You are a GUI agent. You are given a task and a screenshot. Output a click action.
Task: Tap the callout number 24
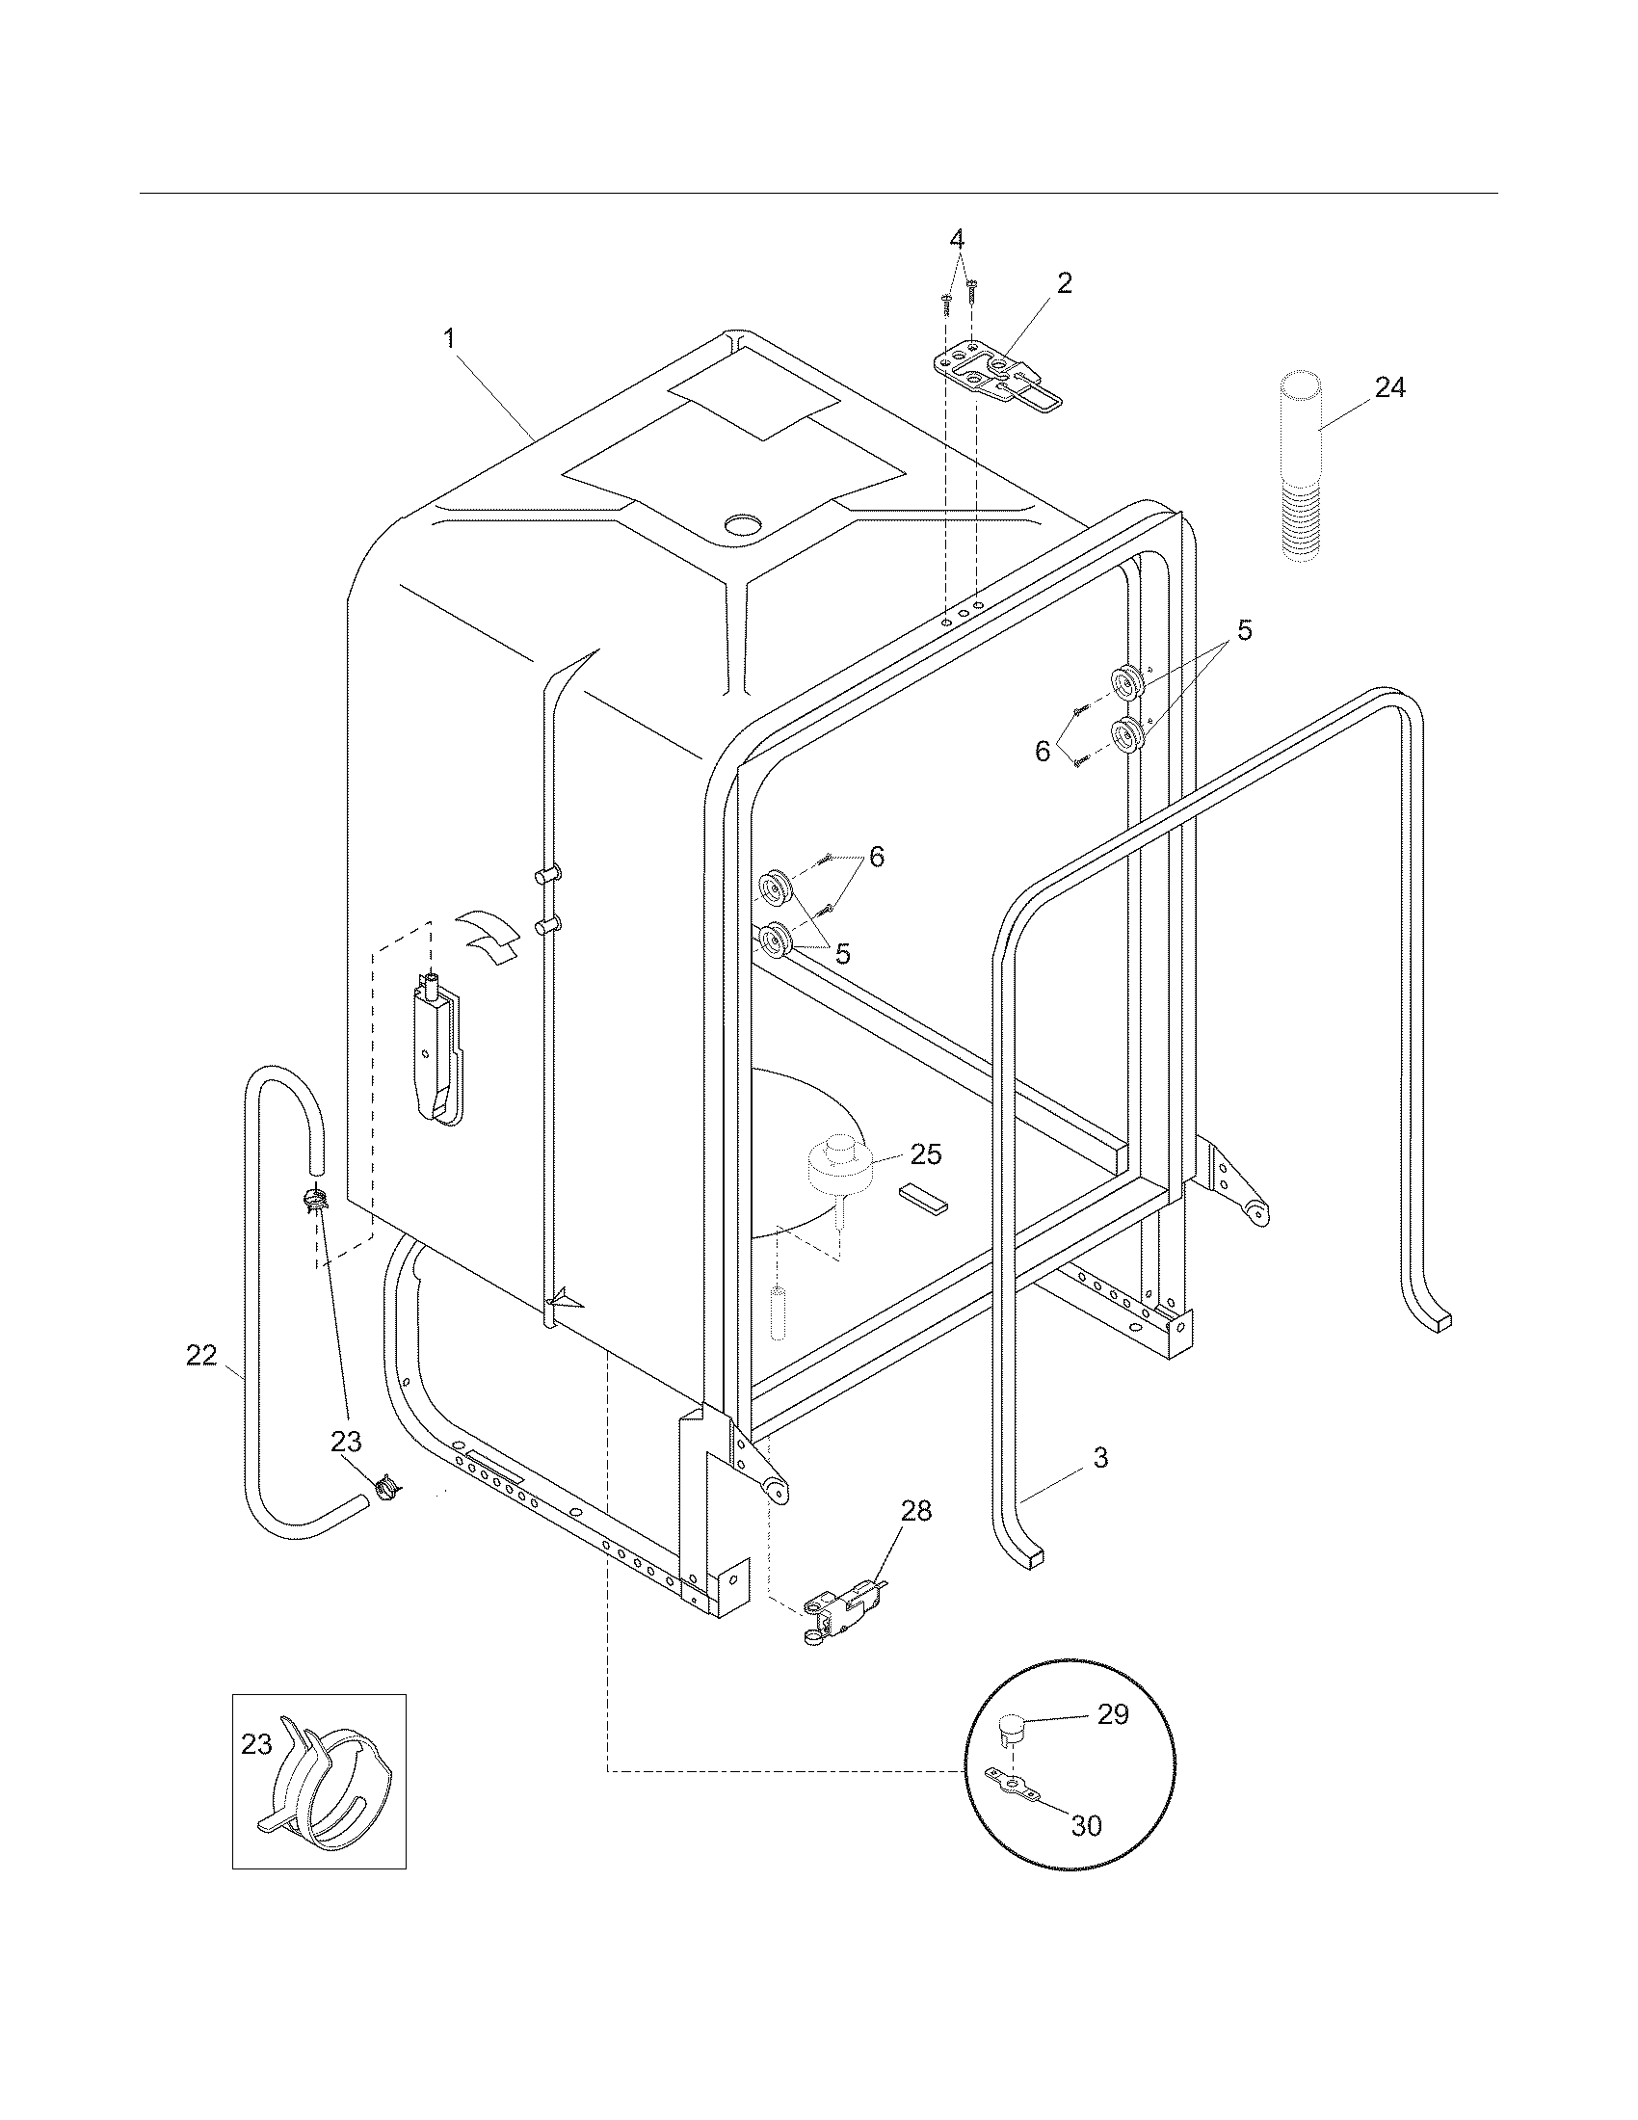(1389, 387)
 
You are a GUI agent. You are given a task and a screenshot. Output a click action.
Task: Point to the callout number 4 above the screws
(957, 238)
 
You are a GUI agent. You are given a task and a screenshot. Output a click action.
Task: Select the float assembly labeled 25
(840, 1169)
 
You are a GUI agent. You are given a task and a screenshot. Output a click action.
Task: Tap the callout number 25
(926, 1154)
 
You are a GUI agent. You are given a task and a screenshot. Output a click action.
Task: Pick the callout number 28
(915, 1510)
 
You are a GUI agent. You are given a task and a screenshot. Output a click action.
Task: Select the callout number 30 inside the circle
(1086, 1825)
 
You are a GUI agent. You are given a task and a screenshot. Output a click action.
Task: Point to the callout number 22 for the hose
(201, 1355)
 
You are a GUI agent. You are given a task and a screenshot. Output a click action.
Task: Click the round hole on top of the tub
(744, 525)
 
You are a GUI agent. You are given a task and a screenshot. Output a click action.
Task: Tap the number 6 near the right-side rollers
(1043, 751)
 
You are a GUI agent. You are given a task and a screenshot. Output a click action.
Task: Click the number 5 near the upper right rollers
(1244, 630)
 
